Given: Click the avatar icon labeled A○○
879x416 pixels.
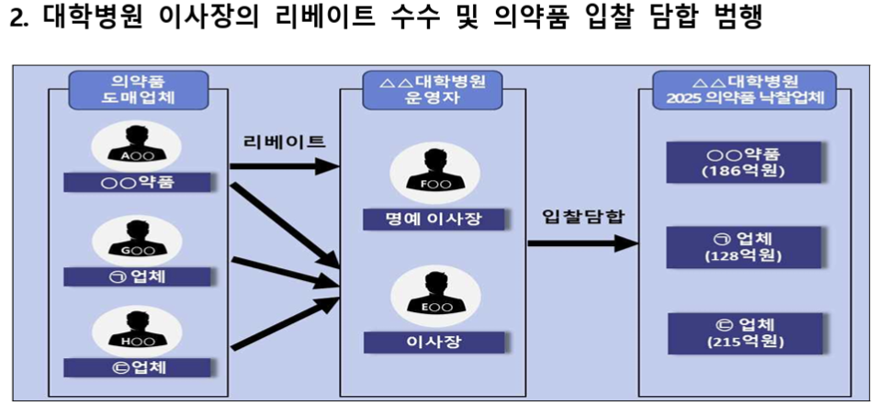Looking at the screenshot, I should [137, 146].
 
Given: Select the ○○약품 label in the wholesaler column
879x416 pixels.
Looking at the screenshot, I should [137, 182].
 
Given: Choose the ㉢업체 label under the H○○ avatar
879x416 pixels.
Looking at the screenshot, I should [137, 368].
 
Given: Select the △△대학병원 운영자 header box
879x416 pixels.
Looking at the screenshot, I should [433, 90].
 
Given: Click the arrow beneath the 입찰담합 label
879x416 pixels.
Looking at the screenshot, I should [582, 244].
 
